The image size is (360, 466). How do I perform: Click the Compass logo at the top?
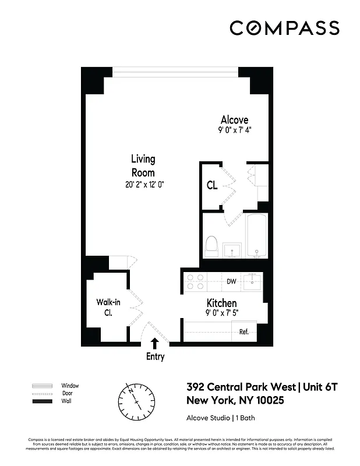[x=284, y=28]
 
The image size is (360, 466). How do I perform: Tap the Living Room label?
[x=143, y=165]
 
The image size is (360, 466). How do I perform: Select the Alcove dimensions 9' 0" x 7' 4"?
[x=235, y=131]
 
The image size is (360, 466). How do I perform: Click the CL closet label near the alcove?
[x=212, y=186]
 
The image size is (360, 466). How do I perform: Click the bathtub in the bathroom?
[x=257, y=236]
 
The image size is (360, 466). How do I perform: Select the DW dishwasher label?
[x=231, y=282]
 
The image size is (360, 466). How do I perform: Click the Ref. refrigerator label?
[x=244, y=332]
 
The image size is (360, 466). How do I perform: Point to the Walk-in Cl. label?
[x=108, y=307]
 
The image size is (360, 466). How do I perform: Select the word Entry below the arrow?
[x=155, y=356]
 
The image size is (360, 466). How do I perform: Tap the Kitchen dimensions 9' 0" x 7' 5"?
[x=221, y=313]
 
